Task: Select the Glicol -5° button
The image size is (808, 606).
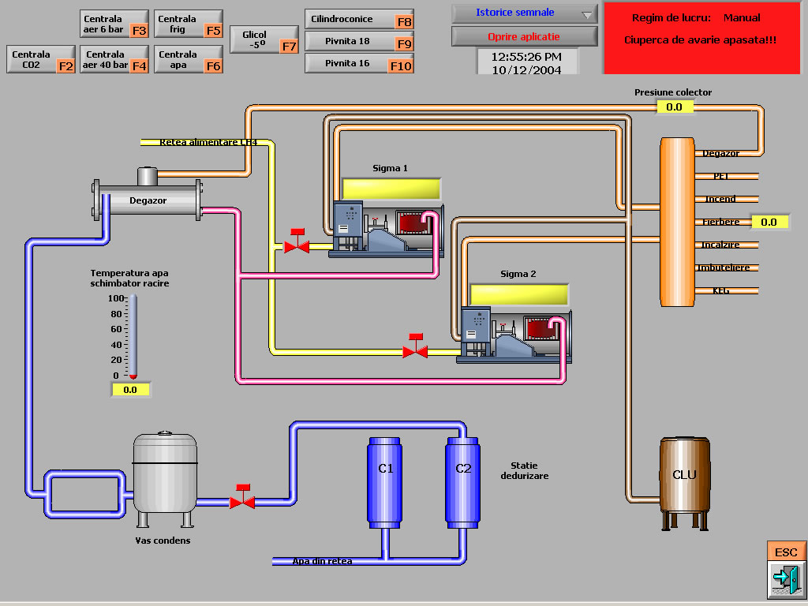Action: [264, 40]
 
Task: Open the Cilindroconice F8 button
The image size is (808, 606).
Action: [359, 20]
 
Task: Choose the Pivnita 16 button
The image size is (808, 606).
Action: [359, 64]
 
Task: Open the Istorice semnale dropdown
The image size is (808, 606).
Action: [525, 13]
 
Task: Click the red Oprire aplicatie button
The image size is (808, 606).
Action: [525, 36]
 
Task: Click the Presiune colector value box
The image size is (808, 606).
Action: [674, 107]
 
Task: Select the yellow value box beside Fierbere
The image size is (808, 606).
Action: [769, 223]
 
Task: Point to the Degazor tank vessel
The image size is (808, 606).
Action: [148, 200]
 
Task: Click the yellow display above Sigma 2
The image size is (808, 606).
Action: [519, 294]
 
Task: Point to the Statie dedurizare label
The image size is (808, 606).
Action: [524, 471]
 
